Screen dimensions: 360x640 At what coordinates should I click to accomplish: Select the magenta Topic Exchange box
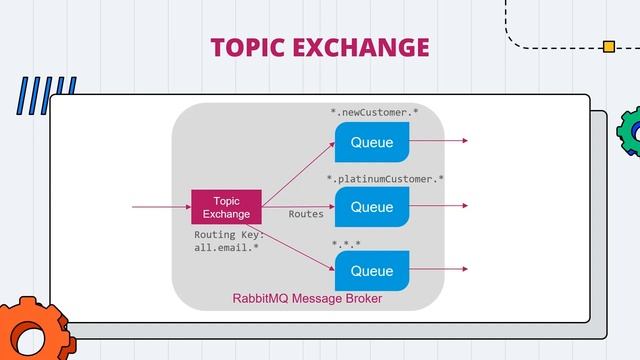coord(226,208)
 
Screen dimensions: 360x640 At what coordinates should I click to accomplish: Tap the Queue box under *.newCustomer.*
coord(371,142)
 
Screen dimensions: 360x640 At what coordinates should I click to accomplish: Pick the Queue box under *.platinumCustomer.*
coord(371,207)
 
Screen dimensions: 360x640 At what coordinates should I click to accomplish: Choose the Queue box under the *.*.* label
coord(371,271)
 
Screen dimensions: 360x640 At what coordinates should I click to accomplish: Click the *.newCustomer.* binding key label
coord(374,112)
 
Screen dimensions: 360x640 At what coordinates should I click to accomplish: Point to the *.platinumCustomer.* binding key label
coord(385,179)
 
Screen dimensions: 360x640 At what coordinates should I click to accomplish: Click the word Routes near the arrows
coord(306,214)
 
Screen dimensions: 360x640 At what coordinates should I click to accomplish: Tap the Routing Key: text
coord(229,235)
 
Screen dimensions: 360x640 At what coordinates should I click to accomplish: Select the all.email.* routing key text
coord(226,249)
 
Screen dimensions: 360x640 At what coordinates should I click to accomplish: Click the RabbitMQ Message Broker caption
coord(307,298)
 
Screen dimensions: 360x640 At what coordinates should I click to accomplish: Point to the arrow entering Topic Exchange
coord(160,208)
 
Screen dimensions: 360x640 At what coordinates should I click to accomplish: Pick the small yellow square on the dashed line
coord(608,46)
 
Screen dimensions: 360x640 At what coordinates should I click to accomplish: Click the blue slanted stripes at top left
coord(45,97)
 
